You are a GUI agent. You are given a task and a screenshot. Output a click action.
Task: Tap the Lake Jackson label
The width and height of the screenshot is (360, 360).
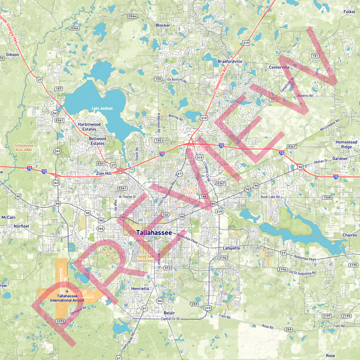point(102,108)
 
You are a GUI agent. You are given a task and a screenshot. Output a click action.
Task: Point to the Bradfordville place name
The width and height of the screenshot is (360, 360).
point(230,62)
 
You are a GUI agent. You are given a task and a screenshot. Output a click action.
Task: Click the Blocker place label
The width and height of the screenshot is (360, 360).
point(163,25)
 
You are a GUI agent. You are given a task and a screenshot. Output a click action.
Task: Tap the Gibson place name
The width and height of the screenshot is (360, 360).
point(12,55)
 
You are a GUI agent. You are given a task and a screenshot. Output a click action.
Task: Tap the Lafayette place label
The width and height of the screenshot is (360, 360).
point(231,247)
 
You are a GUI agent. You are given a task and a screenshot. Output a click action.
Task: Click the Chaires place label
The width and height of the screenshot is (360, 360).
point(349,235)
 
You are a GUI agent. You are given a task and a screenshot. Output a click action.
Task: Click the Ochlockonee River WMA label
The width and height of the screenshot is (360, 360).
point(25,148)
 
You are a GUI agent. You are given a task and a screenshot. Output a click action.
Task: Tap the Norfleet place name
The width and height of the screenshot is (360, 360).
point(21,226)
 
